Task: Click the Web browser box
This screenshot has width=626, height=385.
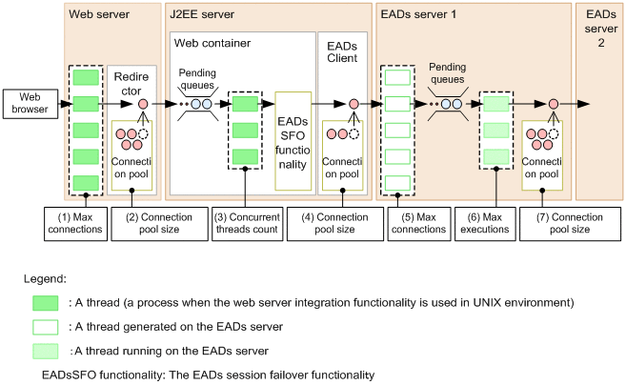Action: click(28, 103)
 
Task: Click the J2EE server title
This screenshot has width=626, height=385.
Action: click(202, 15)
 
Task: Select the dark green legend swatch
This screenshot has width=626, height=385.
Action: click(45, 302)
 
